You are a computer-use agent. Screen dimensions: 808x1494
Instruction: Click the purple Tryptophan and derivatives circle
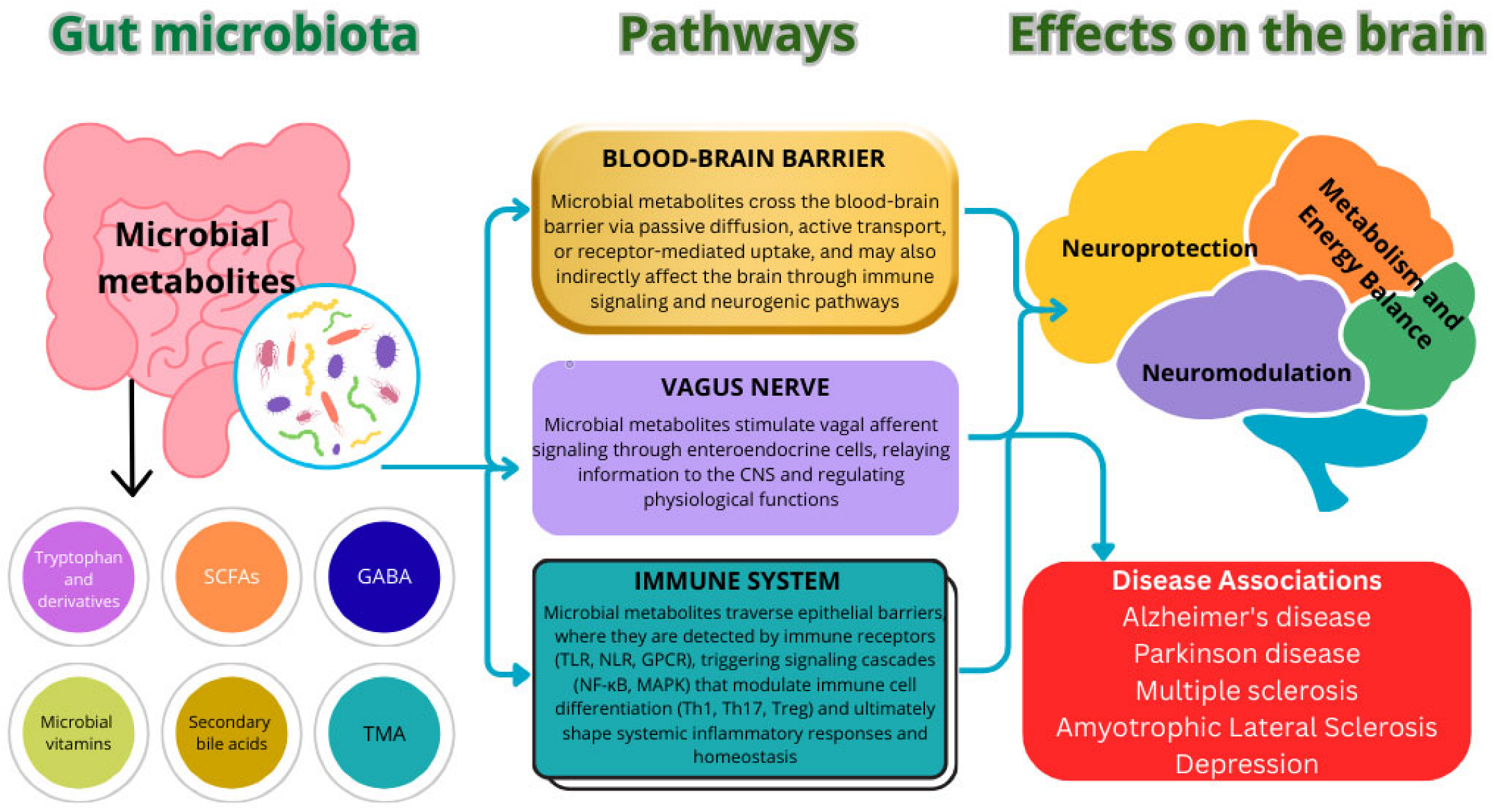pos(78,577)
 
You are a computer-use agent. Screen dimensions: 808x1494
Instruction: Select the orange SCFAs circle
pos(231,577)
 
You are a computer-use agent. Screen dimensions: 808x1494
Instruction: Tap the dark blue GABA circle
pos(384,577)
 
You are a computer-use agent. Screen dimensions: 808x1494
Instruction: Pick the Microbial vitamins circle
pos(78,733)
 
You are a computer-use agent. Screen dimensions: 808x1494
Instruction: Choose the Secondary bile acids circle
pos(231,733)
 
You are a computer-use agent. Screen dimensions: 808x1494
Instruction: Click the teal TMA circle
pos(384,733)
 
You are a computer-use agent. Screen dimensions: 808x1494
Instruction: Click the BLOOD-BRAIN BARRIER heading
pos(743,159)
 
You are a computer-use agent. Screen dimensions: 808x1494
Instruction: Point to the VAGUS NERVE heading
pos(745,387)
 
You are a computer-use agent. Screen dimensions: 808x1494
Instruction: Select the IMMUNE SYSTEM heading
pos(737,581)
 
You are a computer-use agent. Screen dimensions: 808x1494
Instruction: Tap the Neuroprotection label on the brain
pos(1159,248)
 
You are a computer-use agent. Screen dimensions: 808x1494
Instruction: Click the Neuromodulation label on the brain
pos(1246,373)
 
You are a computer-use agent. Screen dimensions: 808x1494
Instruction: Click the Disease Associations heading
pos(1247,581)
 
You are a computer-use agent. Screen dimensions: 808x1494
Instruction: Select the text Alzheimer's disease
pos(1247,617)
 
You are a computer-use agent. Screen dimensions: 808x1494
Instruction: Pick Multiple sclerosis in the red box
pos(1247,690)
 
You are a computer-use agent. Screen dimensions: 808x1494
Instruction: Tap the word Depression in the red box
pos(1247,764)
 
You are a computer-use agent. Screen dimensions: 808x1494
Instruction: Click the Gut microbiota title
pos(234,35)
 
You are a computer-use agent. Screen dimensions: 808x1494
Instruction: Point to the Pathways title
pos(738,35)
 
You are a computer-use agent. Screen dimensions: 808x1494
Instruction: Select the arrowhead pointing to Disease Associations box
pos(1103,551)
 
